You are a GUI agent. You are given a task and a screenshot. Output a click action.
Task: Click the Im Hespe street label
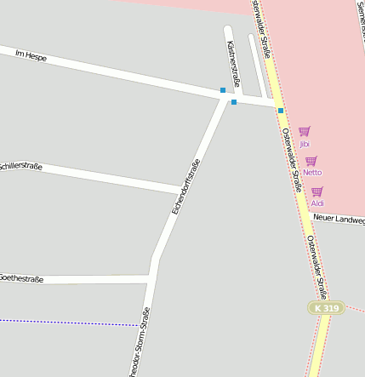pyautogui.click(x=31, y=56)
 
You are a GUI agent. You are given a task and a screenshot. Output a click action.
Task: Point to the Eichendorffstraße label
pyautogui.click(x=185, y=186)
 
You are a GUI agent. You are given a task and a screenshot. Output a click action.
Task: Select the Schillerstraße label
pyautogui.click(x=20, y=165)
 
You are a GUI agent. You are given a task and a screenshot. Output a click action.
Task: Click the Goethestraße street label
pyautogui.click(x=21, y=278)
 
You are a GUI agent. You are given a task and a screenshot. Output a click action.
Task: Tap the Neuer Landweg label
pyautogui.click(x=339, y=219)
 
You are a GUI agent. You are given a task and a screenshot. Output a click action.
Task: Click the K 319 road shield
pyautogui.click(x=327, y=307)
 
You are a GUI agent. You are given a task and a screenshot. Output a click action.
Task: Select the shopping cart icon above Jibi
pyautogui.click(x=304, y=132)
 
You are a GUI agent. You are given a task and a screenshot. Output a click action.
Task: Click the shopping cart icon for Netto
pyautogui.click(x=311, y=161)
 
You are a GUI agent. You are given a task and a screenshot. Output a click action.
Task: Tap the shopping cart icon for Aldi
pyautogui.click(x=317, y=191)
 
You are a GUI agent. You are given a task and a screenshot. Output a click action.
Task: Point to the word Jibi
pyautogui.click(x=305, y=144)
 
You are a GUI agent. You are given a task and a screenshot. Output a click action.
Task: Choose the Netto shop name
pyautogui.click(x=312, y=173)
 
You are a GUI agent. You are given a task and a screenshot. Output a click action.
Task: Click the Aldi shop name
pyautogui.click(x=317, y=203)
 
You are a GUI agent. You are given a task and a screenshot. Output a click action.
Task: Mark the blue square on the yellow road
pyautogui.click(x=281, y=110)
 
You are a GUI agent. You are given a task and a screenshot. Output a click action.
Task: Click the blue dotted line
pyautogui.click(x=68, y=323)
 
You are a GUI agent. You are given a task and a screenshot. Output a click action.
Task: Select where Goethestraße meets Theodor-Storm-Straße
pyautogui.click(x=151, y=277)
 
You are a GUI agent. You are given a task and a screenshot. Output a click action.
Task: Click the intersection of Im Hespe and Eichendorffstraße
pyautogui.click(x=226, y=97)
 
